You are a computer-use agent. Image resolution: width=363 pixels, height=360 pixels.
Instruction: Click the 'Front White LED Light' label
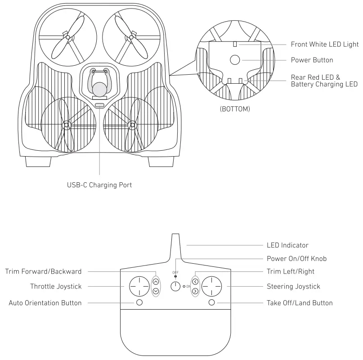tap(324, 45)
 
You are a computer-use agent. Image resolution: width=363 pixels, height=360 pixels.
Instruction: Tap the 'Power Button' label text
tap(312, 60)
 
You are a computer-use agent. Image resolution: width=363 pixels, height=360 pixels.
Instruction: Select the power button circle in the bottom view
tap(235, 60)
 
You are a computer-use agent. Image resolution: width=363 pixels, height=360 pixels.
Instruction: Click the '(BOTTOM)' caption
tap(235, 109)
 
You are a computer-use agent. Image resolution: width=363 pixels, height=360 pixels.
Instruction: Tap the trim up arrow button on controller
tap(156, 282)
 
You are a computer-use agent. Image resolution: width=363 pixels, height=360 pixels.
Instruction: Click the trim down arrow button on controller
tap(156, 291)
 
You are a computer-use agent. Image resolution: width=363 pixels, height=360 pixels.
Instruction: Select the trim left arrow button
tap(195, 282)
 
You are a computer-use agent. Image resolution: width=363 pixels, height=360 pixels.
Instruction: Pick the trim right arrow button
tap(195, 291)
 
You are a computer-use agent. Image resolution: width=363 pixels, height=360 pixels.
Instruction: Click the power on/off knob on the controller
tap(175, 286)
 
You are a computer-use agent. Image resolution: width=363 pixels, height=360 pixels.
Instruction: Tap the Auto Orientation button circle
tap(139, 302)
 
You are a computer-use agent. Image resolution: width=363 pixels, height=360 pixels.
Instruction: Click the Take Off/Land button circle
tap(212, 302)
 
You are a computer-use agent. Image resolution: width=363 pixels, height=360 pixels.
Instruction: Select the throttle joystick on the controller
tap(139, 286)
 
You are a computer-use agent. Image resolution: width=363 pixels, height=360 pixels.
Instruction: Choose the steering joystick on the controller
tap(212, 286)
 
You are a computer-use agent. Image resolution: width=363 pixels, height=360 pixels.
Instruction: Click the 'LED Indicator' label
tap(287, 245)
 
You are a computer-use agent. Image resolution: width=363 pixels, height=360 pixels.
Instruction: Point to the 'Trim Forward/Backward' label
tap(43, 271)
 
